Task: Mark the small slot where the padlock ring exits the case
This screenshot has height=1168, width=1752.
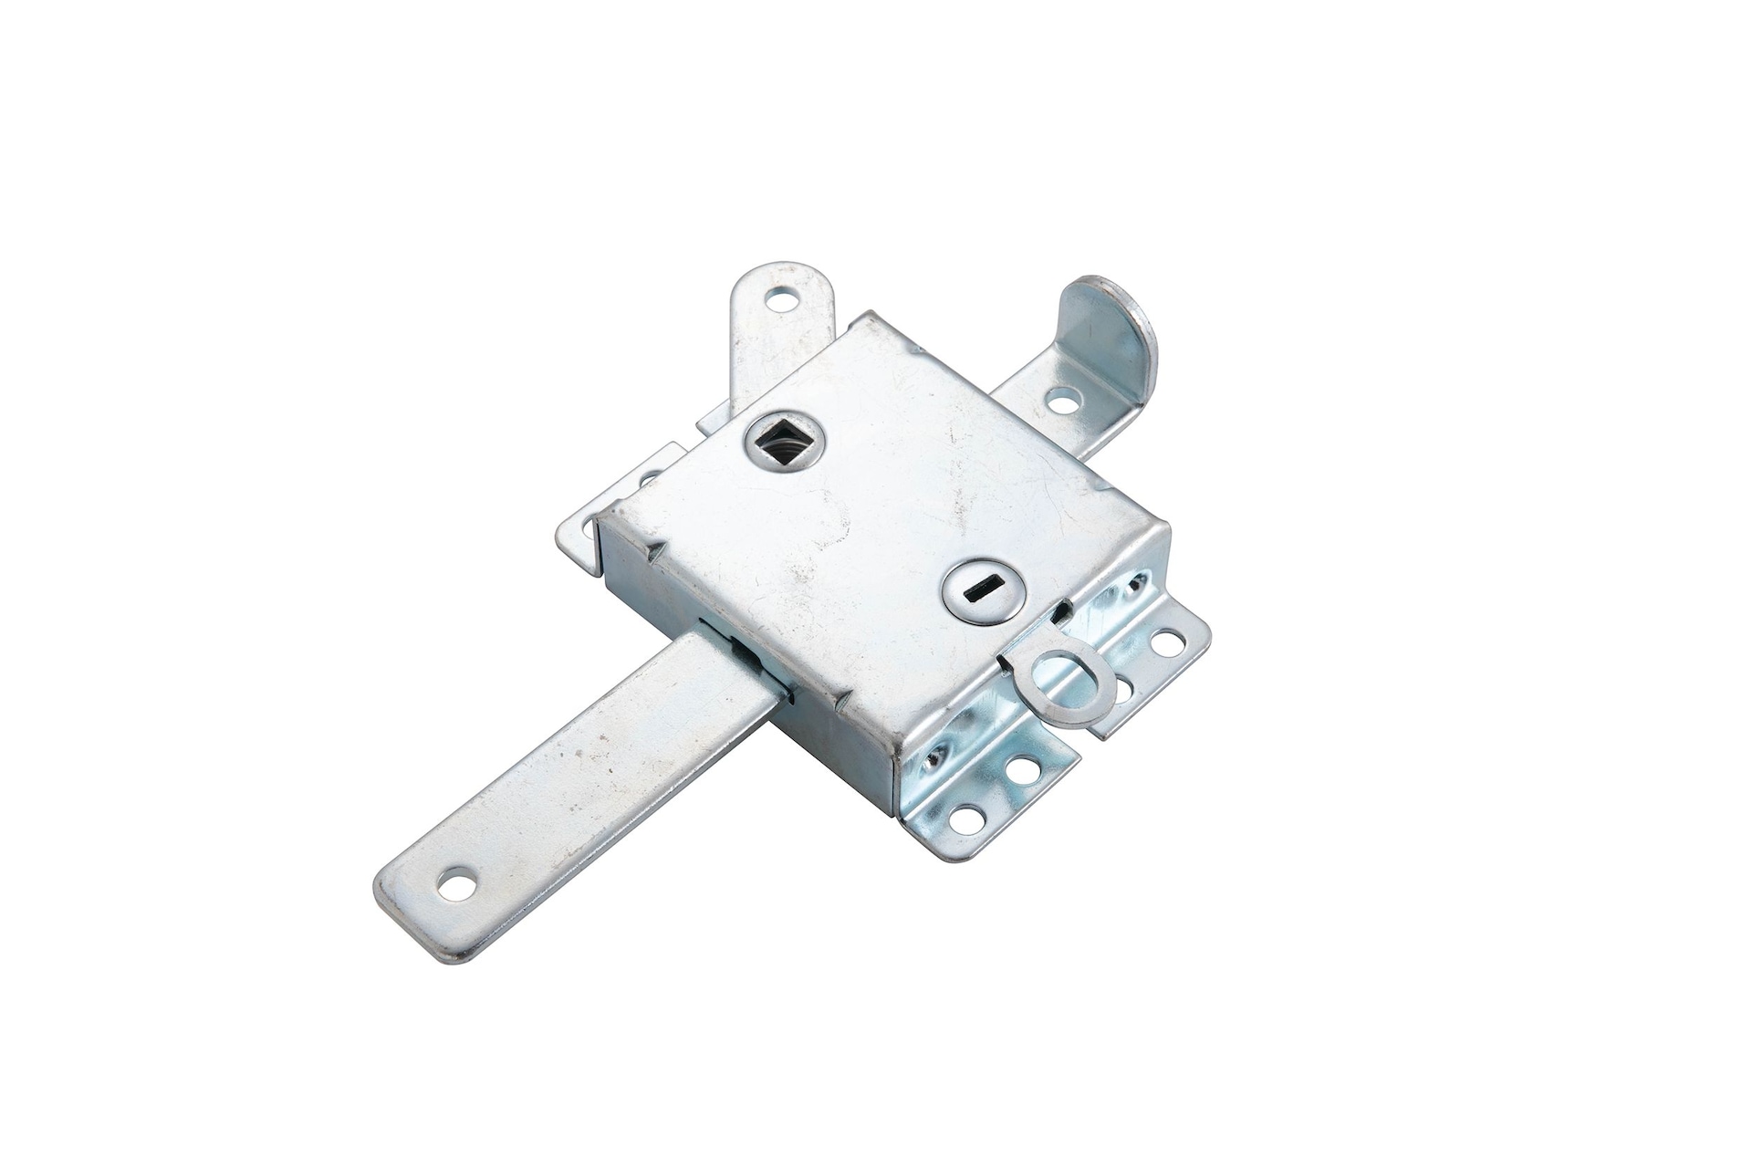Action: [x=1060, y=619]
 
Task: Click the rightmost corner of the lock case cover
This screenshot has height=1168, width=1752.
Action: [x=1168, y=525]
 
